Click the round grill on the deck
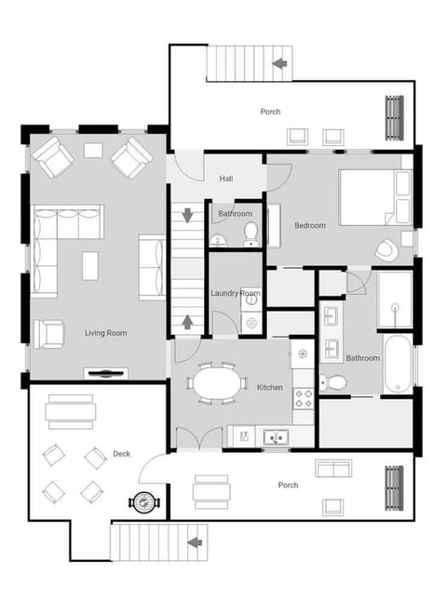144,502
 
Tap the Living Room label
106,333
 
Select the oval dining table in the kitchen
216,383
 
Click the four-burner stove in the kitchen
304,398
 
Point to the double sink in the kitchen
276,437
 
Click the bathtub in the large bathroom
398,365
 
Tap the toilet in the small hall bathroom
251,235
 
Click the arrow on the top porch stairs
279,63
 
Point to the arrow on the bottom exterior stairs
195,542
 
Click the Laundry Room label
236,293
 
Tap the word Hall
226,179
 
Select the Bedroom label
310,225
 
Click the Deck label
122,454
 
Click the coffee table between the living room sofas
90,266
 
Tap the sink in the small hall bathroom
218,242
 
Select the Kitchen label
270,387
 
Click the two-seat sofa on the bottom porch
333,469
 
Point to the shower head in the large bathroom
396,307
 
